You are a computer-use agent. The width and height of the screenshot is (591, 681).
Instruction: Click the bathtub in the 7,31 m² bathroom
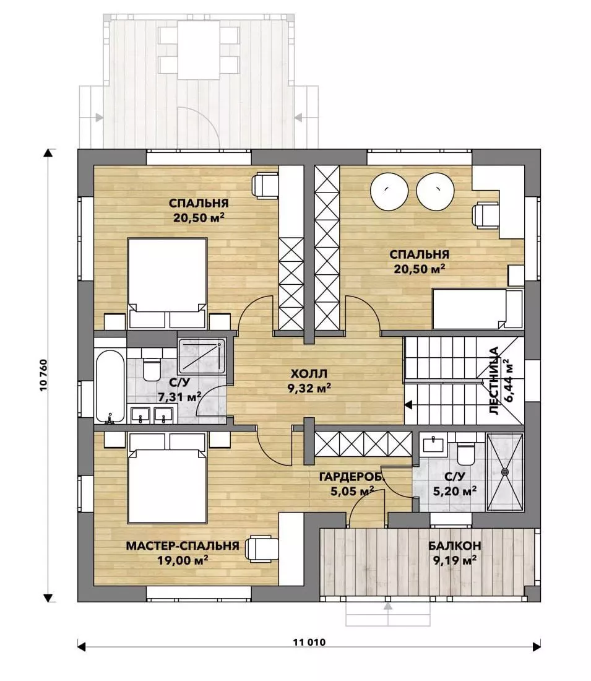coord(110,387)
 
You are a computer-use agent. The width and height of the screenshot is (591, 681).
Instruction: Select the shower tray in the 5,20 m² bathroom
coord(505,471)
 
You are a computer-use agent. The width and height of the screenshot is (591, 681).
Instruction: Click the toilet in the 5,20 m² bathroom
coord(467,452)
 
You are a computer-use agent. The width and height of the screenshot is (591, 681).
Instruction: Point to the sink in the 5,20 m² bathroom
coord(433,444)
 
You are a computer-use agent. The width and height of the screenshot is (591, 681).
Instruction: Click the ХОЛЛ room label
coord(309,373)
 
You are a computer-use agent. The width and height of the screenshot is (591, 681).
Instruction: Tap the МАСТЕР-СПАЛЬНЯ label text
coord(183,546)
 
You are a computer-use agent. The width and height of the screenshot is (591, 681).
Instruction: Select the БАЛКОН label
coord(454,546)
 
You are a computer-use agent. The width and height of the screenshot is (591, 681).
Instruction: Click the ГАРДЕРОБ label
coord(352,477)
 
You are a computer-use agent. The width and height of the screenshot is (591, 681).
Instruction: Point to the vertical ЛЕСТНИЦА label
coord(494,381)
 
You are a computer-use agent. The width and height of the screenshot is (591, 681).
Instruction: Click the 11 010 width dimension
coord(309,643)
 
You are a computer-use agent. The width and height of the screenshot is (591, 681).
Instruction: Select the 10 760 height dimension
coord(43,376)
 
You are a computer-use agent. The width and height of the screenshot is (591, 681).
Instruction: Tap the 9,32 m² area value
coord(309,388)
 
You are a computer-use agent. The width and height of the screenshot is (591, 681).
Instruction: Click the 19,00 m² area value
coord(183,560)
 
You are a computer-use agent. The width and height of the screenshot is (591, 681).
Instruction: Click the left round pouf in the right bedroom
coord(389,191)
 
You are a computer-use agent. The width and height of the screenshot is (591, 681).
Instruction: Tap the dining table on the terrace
coord(199,50)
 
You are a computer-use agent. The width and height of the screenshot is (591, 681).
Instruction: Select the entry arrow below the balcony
coord(388,607)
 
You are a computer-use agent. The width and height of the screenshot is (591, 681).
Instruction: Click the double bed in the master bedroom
coord(167,478)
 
